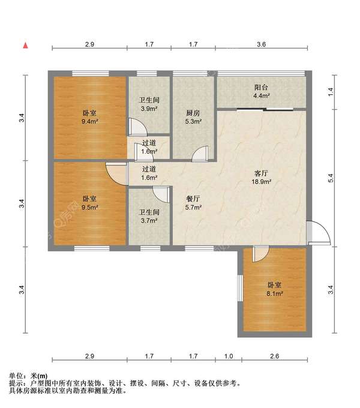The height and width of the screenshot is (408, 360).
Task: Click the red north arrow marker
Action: pyautogui.click(x=25, y=46)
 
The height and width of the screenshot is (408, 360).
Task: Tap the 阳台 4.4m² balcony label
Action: pyautogui.click(x=261, y=92)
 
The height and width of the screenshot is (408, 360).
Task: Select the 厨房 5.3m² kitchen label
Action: pyautogui.click(x=193, y=117)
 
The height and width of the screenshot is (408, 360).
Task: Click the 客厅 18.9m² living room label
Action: pyautogui.click(x=261, y=178)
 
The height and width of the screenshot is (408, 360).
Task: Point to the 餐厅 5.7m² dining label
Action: pyautogui.click(x=193, y=203)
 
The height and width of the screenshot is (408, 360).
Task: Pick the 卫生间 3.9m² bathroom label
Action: pyautogui.click(x=149, y=104)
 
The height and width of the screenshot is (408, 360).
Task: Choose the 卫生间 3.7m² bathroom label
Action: pyautogui.click(x=149, y=217)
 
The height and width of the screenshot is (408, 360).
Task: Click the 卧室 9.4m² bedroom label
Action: pyautogui.click(x=89, y=117)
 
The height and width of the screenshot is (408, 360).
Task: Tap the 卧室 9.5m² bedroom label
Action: pyautogui.click(x=89, y=203)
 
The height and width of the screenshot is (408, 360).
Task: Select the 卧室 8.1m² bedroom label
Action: pyautogui.click(x=274, y=289)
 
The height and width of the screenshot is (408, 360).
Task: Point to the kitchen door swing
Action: pyautogui.click(x=200, y=154)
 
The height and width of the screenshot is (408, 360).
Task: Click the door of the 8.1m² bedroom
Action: pyautogui.click(x=260, y=254)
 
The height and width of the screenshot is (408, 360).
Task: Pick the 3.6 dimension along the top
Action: pyautogui.click(x=261, y=44)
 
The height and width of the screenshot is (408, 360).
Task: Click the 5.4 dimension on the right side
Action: pyautogui.click(x=331, y=178)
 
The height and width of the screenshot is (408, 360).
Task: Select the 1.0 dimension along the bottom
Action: pyautogui.click(x=229, y=356)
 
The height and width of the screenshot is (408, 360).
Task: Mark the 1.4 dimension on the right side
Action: pyautogui.click(x=331, y=92)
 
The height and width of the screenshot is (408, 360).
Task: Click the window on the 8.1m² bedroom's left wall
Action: pyautogui.click(x=240, y=288)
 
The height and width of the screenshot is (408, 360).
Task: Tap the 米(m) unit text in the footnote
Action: pyautogui.click(x=39, y=376)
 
